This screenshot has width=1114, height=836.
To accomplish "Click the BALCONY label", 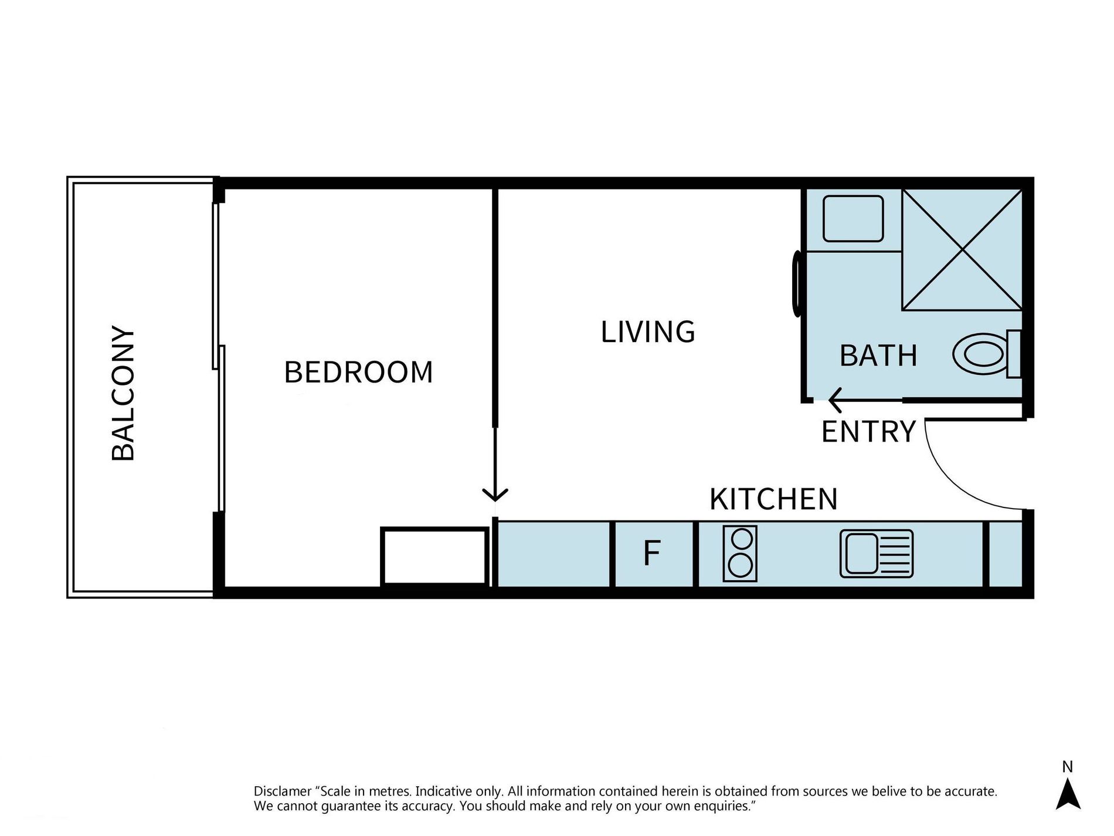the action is point(123,393).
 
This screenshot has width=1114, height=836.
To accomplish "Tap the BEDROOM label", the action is point(358,372).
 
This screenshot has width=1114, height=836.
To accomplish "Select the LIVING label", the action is point(648,332).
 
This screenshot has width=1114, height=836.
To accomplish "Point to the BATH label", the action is point(878,356).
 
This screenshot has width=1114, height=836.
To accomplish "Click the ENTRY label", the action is point(868,432).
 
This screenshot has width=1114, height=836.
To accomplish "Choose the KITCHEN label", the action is point(773,499).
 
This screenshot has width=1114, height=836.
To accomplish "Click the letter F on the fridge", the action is point(652,553).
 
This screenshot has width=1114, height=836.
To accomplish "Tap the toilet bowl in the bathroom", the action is point(980,354).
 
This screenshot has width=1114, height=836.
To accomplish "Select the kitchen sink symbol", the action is point(877,554).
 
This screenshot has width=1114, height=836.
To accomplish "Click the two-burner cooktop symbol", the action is point(740,554).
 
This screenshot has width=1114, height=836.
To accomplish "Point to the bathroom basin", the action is point(853,218).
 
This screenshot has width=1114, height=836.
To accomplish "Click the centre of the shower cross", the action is point(962,249).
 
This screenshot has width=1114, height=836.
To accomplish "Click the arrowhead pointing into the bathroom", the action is point(835,401).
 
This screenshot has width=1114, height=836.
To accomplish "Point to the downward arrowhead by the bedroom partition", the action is point(495,495).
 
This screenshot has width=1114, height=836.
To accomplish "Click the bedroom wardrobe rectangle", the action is point(434,556).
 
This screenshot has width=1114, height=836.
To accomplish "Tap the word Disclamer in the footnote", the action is point(283,791).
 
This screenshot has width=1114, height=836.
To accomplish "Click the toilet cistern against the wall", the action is point(1014,354).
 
